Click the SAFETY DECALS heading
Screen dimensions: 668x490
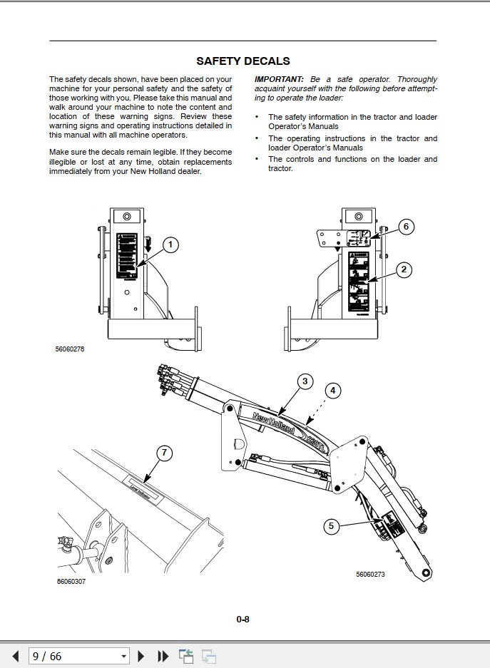click(243, 61)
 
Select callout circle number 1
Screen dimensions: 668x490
click(170, 245)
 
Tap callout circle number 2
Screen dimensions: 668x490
click(404, 269)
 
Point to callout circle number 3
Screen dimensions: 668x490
click(305, 381)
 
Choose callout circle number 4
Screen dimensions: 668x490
click(332, 391)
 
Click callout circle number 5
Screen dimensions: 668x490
click(330, 527)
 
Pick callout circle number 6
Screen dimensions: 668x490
click(405, 227)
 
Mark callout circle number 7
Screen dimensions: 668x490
click(164, 453)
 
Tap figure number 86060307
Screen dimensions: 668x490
click(71, 582)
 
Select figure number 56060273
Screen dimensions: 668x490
click(370, 574)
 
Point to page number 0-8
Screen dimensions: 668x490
click(243, 619)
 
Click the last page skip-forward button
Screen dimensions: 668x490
click(163, 655)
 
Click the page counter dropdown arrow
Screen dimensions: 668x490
click(123, 656)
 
